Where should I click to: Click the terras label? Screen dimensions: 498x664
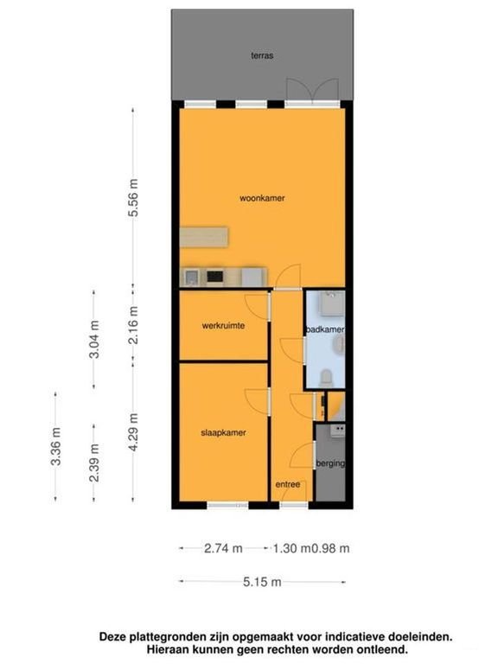point(262,55)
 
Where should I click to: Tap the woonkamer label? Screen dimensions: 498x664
point(262,198)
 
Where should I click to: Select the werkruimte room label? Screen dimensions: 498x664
point(223,326)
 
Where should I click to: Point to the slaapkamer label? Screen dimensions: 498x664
point(223,433)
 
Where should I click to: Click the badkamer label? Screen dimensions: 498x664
point(325,329)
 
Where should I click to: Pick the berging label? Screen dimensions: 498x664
point(330,463)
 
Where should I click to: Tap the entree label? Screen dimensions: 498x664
point(288,484)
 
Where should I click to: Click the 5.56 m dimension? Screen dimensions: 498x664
point(133,198)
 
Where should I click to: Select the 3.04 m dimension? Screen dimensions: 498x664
point(94,339)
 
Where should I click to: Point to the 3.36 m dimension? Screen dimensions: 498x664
point(56,446)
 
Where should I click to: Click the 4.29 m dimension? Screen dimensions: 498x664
point(133,431)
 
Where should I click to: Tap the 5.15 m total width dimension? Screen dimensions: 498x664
point(262,582)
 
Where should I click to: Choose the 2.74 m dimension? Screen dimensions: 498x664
point(223,548)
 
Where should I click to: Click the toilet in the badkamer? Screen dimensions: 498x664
point(326,377)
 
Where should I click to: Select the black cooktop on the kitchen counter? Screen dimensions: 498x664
point(215,277)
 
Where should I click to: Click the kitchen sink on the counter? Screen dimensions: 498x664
point(191,278)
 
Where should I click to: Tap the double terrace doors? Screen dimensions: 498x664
point(312,90)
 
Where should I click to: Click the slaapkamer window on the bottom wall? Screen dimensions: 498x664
point(227,505)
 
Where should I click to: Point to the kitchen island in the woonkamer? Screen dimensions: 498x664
point(204,237)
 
